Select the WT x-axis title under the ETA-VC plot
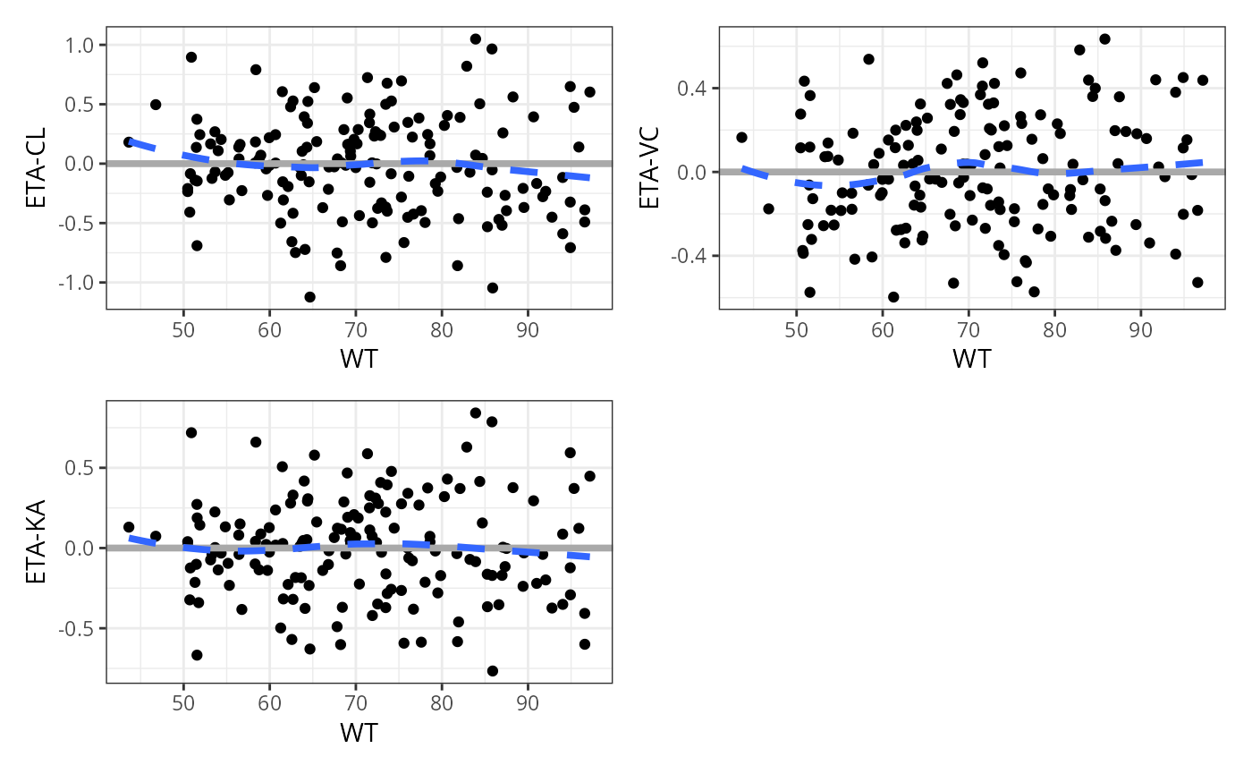coord(971,359)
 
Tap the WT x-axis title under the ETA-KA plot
coord(359,733)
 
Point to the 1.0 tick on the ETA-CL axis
coord(85,45)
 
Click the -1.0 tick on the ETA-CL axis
coord(81,282)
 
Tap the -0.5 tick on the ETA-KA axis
coord(81,628)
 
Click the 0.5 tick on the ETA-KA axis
coord(85,467)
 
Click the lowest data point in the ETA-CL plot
coord(309,297)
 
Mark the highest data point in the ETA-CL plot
coord(476,39)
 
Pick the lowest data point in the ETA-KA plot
coord(493,671)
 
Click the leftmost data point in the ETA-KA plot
coord(129,528)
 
